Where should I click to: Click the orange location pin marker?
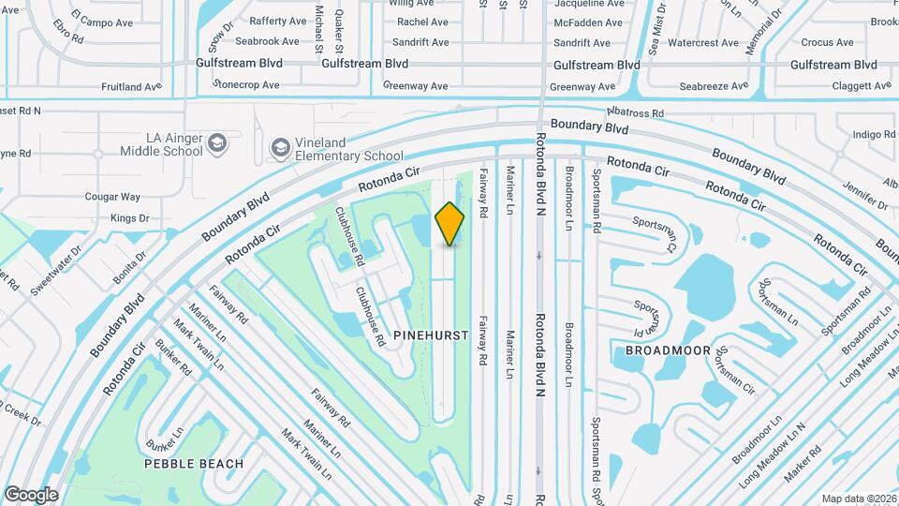tap(450, 224)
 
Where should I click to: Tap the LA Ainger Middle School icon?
tap(217, 143)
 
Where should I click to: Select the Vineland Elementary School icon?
tap(280, 148)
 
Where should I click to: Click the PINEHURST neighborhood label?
tap(431, 335)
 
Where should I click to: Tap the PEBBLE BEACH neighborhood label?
tap(194, 464)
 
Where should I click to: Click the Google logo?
tap(31, 494)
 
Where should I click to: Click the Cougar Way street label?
tap(112, 197)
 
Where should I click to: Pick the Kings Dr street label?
tap(130, 218)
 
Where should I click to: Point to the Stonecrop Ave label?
tap(246, 84)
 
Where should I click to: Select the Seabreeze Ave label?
tap(714, 86)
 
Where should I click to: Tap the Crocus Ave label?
tap(827, 42)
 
